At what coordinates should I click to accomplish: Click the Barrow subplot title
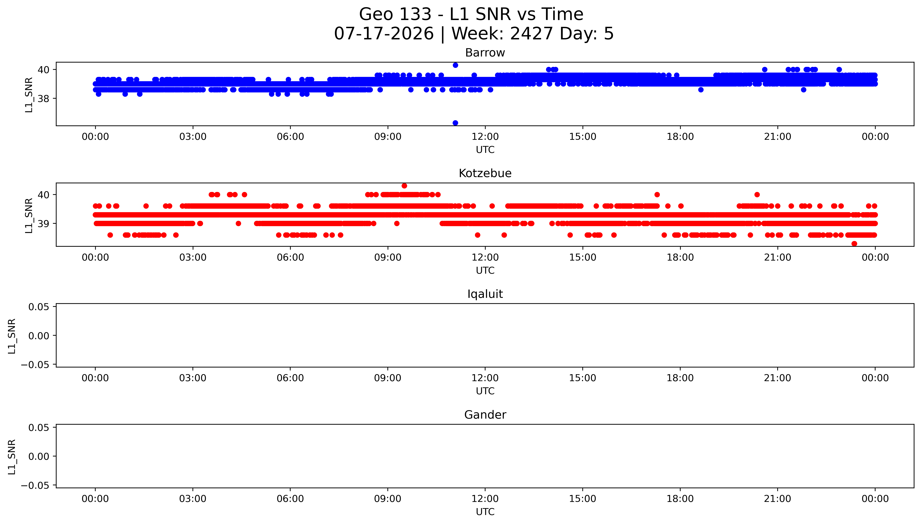pos(485,53)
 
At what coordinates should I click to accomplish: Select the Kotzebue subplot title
pos(485,173)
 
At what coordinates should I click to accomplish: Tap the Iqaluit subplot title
pos(485,294)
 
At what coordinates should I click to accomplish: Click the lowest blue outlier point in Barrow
pos(455,123)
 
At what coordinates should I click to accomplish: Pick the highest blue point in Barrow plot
pos(455,65)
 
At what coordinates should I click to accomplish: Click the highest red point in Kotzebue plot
pos(404,186)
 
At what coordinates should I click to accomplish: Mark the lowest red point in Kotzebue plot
pos(854,244)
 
